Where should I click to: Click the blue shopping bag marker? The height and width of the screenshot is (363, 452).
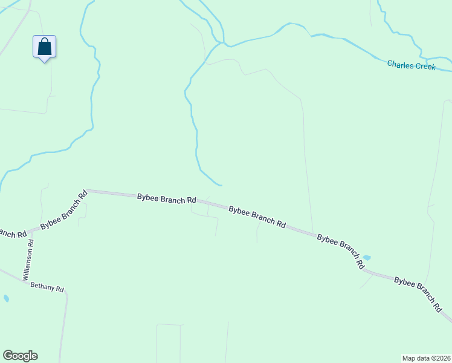(x=44, y=47)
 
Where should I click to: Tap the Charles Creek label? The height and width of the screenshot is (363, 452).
(x=411, y=65)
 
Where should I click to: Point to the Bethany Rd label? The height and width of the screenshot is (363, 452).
(x=47, y=288)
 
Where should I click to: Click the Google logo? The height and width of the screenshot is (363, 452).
(x=20, y=356)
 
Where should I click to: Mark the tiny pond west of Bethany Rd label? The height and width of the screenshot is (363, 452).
(x=6, y=298)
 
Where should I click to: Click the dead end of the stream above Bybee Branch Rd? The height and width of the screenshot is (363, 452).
(x=222, y=185)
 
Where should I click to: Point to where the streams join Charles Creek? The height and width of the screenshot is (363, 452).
(x=223, y=44)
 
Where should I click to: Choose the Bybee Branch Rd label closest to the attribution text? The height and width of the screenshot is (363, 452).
(x=418, y=293)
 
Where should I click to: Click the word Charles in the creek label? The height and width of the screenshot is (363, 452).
(x=399, y=64)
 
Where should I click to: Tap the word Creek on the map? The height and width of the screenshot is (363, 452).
(x=424, y=66)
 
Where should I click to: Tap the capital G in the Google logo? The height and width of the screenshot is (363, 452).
(x=8, y=355)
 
